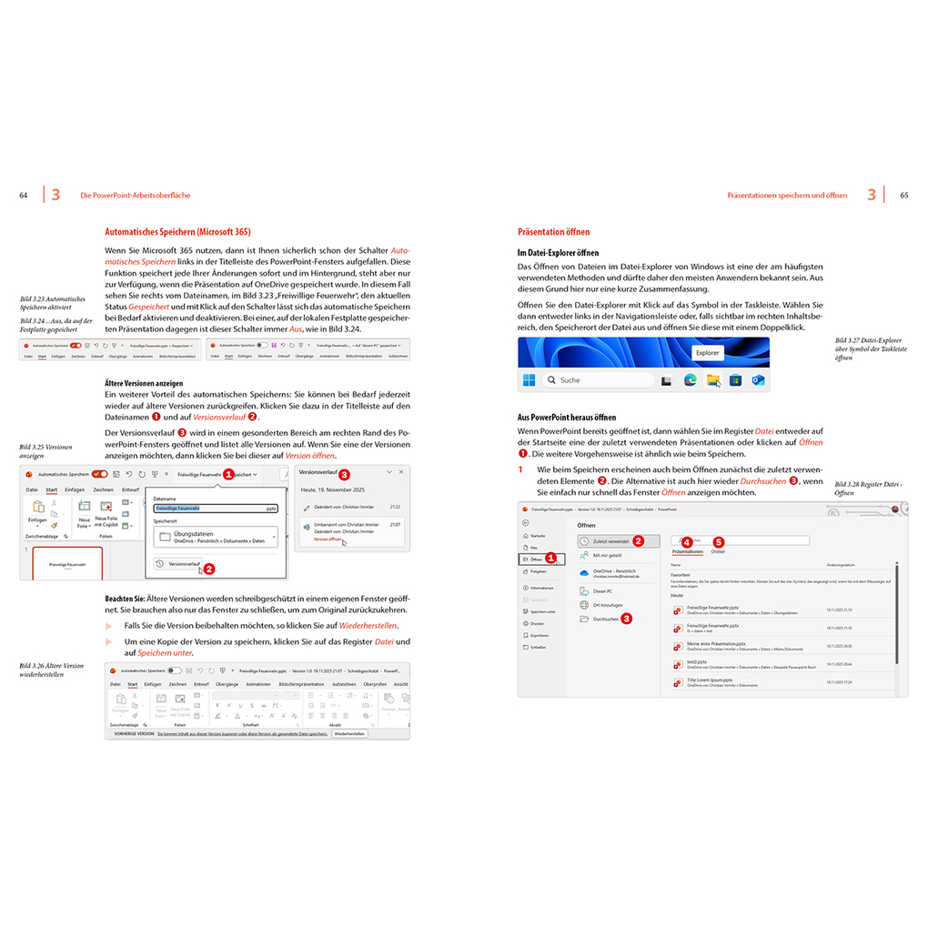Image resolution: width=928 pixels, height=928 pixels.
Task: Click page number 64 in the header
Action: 24,195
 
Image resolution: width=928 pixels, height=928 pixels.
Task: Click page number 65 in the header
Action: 904,195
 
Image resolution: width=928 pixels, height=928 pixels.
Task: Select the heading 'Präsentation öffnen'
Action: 553,232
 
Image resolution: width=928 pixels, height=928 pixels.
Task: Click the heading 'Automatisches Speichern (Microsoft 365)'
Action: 177,232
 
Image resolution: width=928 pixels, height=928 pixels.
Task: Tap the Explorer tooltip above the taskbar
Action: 707,352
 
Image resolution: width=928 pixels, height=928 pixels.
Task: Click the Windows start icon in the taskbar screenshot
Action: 529,379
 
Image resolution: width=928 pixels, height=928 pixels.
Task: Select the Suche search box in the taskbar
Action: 596,379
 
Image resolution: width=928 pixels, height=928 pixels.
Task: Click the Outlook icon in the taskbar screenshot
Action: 758,379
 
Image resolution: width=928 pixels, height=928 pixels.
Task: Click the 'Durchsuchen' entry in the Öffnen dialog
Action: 605,619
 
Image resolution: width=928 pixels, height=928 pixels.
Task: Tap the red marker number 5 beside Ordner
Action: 718,541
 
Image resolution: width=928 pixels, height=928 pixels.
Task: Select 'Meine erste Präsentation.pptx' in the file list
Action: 716,642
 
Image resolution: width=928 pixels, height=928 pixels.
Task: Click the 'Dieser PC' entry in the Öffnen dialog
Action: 602,590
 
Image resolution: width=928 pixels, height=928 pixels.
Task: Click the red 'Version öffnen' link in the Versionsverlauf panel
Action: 328,539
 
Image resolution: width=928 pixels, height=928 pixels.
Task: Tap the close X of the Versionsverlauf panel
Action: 401,473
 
